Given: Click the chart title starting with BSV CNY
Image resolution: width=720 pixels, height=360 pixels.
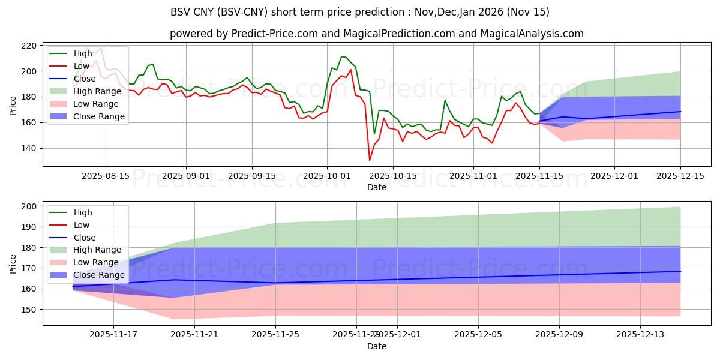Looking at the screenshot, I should pyautogui.click(x=359, y=12).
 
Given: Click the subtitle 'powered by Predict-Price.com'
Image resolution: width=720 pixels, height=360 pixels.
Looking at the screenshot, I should pyautogui.click(x=376, y=34).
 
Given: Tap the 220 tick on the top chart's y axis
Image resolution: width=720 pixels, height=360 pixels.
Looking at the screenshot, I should pyautogui.click(x=29, y=46).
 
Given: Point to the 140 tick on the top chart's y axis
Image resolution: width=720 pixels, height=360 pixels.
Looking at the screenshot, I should pyautogui.click(x=29, y=148).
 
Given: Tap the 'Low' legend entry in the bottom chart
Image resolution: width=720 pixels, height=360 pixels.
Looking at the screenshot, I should pyautogui.click(x=82, y=225).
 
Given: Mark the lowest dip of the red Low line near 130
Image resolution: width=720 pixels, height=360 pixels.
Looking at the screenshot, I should pyautogui.click(x=370, y=160).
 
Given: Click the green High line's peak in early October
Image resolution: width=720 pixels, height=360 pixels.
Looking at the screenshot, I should pyautogui.click(x=341, y=56).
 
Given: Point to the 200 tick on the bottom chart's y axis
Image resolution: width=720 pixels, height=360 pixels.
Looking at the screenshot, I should pyautogui.click(x=29, y=206).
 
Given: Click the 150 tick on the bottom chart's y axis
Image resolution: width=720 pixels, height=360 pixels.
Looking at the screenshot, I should pyautogui.click(x=29, y=310).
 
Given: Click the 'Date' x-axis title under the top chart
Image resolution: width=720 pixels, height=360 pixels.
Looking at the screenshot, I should pyautogui.click(x=377, y=187).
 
